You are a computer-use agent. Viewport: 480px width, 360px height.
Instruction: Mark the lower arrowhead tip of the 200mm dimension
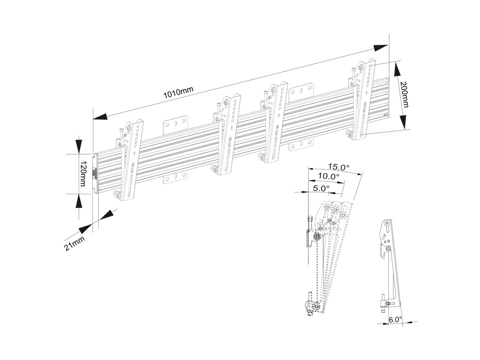pos(404,129)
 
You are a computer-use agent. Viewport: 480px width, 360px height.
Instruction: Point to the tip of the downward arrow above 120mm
pos(79,155)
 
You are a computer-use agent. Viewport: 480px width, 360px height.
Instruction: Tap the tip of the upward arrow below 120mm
pos(79,194)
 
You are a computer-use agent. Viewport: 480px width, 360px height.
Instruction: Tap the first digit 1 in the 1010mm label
pos(165,96)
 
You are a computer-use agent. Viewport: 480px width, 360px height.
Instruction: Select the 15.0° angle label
pos(338,167)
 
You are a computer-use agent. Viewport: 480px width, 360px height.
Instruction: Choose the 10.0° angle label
pos(328,176)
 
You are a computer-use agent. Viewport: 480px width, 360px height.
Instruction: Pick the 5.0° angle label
pos(321,188)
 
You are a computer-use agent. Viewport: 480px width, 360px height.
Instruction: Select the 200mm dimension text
pos(405,95)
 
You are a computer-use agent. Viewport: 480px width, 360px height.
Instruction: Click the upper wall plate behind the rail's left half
pos(176,125)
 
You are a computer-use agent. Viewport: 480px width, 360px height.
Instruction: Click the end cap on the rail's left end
pos(95,173)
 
